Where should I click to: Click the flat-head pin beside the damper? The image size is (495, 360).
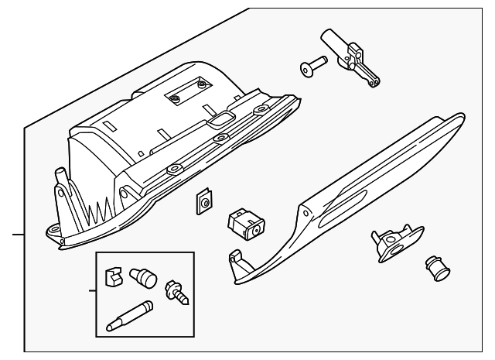point(313,67)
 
